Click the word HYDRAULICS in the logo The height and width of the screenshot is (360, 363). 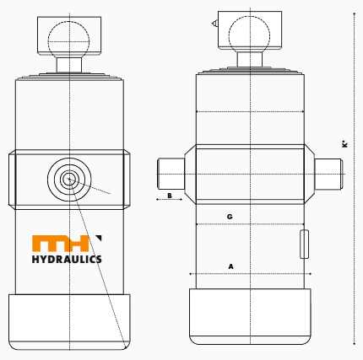pyautogui.click(x=67, y=259)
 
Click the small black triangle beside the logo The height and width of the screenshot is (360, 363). pyautogui.click(x=99, y=237)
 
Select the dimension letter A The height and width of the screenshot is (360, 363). pyautogui.click(x=231, y=266)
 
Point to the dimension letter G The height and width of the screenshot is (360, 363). pyautogui.click(x=230, y=217)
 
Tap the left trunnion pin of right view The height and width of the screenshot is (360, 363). pyautogui.click(x=171, y=173)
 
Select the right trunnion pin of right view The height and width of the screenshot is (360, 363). pyautogui.click(x=329, y=173)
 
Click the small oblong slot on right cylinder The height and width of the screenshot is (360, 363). pyautogui.click(x=304, y=243)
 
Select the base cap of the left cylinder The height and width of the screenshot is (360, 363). pyautogui.click(x=69, y=320)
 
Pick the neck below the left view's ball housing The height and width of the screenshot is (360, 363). pyautogui.click(x=69, y=64)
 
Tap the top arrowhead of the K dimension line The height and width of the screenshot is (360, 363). pyautogui.click(x=354, y=16)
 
